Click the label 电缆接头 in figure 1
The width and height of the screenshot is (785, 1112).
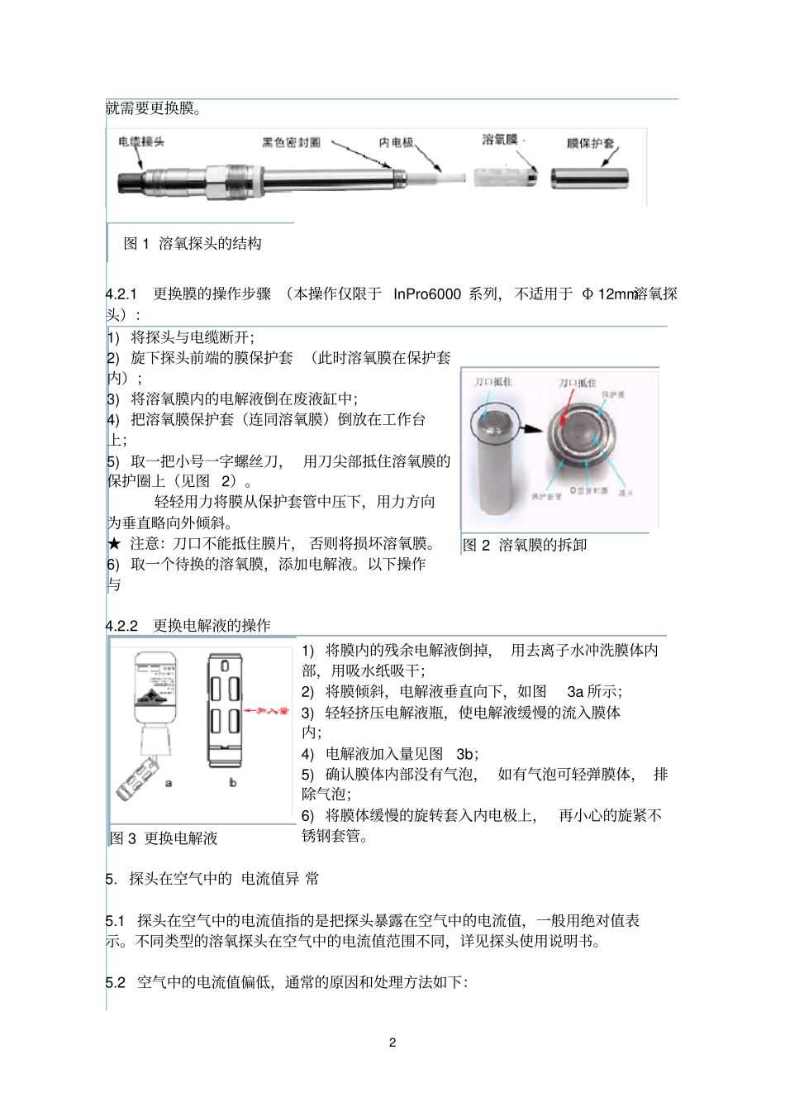(141, 141)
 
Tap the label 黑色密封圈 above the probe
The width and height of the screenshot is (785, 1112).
(291, 143)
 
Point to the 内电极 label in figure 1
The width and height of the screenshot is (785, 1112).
(396, 143)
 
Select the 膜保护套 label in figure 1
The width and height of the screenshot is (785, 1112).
(590, 144)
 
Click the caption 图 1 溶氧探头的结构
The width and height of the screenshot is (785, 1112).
(193, 243)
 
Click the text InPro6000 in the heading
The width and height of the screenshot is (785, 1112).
(426, 294)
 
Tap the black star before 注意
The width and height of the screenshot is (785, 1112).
(114, 544)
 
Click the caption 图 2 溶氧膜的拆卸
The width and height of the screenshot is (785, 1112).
(525, 545)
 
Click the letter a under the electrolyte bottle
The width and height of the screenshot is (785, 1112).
(169, 782)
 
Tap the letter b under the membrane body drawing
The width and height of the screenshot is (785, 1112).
(232, 782)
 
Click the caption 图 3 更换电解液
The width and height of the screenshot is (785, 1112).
(164, 838)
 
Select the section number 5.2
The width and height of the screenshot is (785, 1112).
(116, 982)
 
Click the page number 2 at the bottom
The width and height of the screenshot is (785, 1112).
(392, 1043)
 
